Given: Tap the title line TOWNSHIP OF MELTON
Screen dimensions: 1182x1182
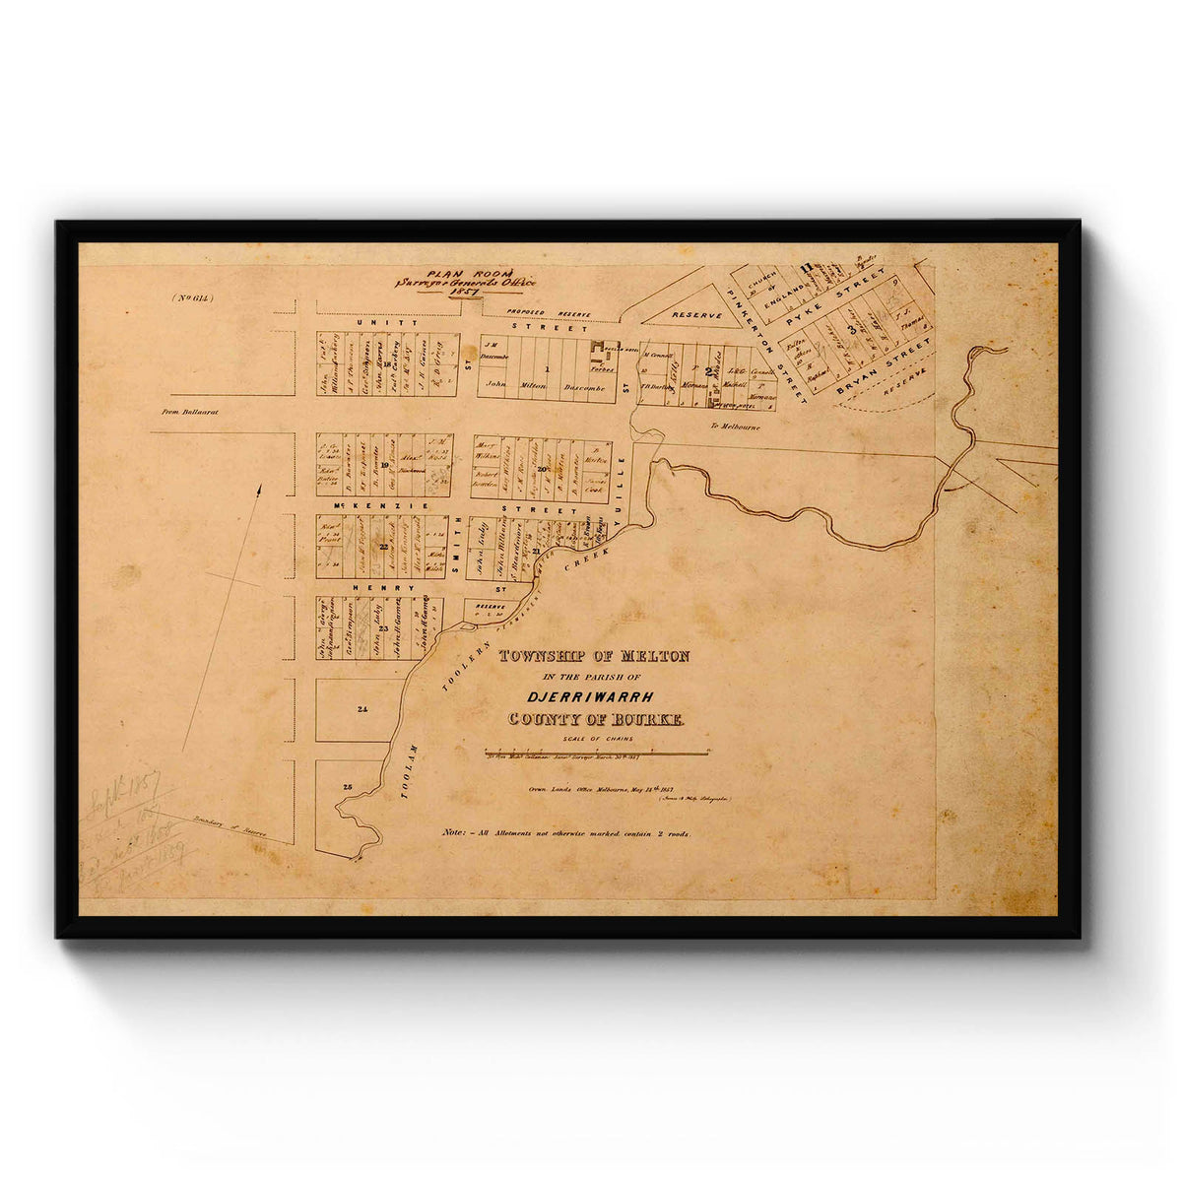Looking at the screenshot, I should pyautogui.click(x=595, y=656).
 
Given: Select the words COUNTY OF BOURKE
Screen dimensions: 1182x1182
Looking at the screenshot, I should pyautogui.click(x=594, y=720).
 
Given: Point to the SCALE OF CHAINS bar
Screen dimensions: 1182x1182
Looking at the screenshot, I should pyautogui.click(x=597, y=753).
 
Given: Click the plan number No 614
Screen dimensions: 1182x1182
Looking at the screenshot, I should pyautogui.click(x=191, y=297).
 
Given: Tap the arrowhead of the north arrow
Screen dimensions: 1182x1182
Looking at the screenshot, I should pyautogui.click(x=260, y=489).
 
